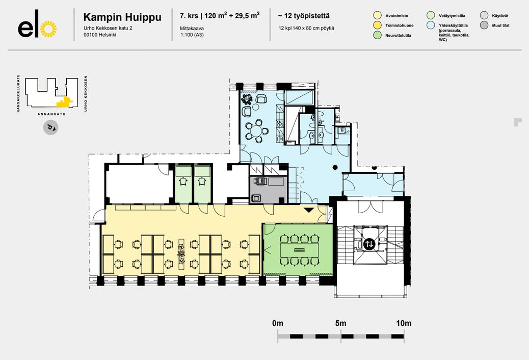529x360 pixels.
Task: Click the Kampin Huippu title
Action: (122, 17)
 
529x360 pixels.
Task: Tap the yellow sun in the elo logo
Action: (48, 29)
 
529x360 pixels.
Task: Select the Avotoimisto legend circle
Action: (378, 15)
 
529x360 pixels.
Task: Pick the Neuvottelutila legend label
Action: (398, 36)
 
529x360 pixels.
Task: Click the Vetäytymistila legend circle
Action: (431, 15)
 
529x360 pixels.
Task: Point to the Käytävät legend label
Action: (500, 16)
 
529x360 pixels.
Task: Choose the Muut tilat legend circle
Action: (484, 25)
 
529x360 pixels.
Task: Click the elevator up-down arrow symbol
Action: (369, 244)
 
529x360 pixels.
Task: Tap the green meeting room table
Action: (300, 250)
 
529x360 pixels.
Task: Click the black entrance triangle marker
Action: (309, 210)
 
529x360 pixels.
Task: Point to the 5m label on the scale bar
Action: (341, 323)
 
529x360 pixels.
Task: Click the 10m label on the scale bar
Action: (404, 323)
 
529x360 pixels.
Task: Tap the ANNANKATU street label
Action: (51, 114)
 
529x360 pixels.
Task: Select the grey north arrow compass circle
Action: (50, 127)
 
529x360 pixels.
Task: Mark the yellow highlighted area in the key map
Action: (64, 101)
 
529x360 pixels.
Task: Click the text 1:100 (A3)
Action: (192, 35)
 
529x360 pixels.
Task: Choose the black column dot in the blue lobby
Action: (335, 167)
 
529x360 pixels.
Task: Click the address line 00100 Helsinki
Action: (100, 35)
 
